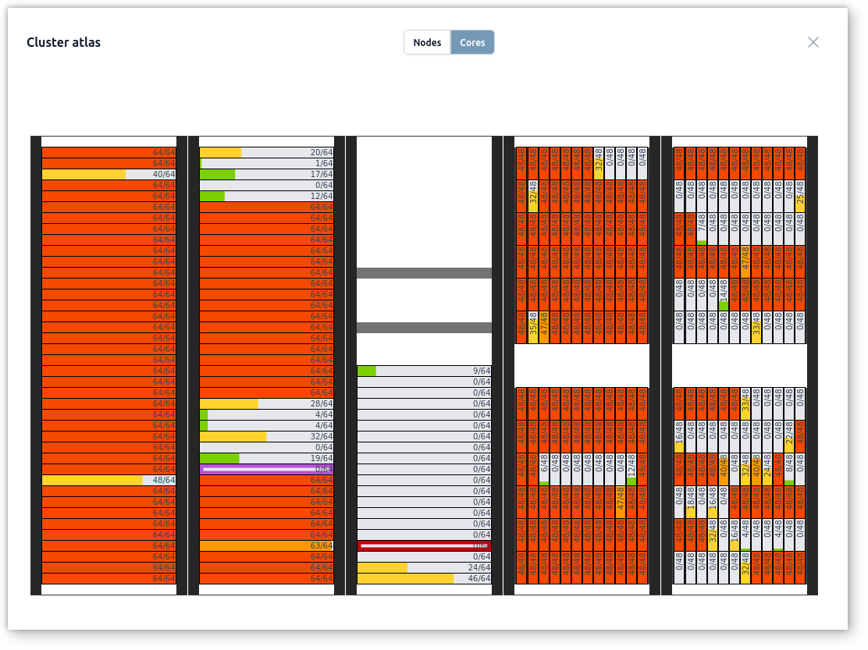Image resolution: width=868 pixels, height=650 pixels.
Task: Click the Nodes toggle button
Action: pos(427,42)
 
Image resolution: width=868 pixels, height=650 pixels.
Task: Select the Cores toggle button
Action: pos(472,42)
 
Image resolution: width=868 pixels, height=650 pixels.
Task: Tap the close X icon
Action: pos(813,42)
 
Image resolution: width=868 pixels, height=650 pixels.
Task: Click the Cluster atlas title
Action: pos(63,42)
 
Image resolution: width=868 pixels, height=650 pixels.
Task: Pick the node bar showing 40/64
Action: pos(108,174)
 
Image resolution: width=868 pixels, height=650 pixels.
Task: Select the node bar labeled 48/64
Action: pos(108,480)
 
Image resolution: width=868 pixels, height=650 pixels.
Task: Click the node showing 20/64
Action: pos(266,152)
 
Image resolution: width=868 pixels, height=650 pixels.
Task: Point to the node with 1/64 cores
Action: pos(266,163)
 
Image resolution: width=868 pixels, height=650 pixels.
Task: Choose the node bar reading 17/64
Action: pos(266,174)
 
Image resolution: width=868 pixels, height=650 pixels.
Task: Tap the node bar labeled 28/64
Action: pos(266,403)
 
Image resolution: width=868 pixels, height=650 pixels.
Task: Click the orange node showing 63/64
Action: pos(266,545)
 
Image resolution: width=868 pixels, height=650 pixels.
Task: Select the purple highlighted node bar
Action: pos(266,469)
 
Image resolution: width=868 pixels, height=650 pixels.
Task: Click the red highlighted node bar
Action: pos(424,545)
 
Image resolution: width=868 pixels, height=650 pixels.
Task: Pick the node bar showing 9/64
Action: pos(424,371)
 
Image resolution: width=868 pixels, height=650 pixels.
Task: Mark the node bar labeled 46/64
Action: pos(424,578)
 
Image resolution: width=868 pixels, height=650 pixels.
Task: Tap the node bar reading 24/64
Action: pos(424,567)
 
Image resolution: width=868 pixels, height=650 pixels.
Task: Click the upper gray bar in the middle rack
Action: pos(424,273)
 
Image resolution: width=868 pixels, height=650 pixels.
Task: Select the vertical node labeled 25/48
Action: pos(800,196)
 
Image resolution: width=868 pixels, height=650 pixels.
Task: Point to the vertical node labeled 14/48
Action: pos(724,294)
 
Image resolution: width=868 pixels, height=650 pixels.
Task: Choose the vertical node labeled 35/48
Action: pos(533,327)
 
